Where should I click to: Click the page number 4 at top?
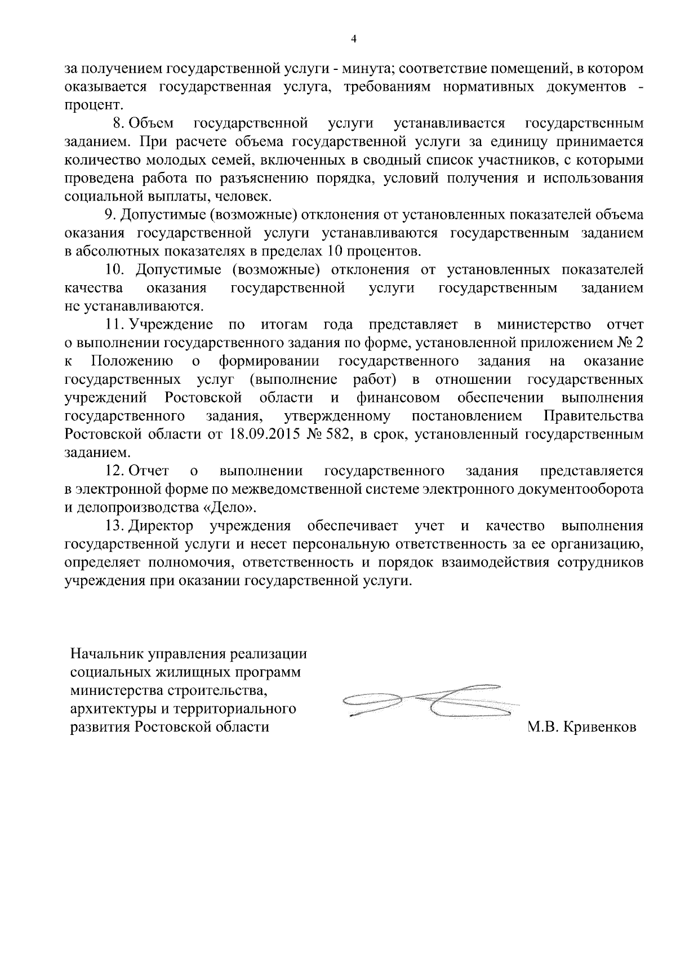coord(354,38)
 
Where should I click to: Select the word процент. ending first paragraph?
coord(93,105)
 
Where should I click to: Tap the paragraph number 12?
coord(115,471)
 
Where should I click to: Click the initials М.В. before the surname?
coord(542,727)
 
